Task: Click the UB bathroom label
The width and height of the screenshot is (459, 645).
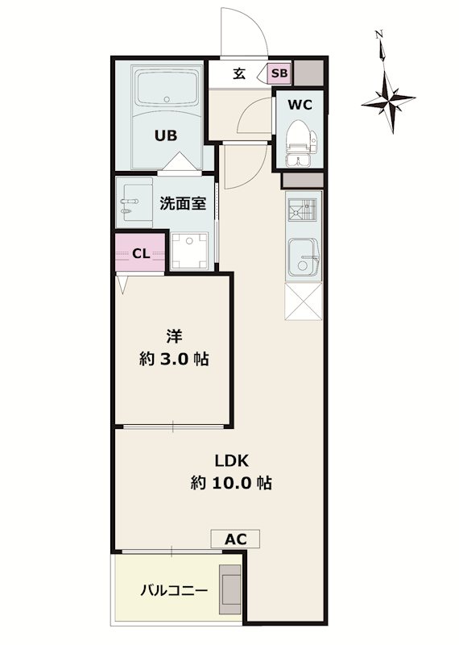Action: coord(166,135)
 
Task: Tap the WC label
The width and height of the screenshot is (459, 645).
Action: coord(300,105)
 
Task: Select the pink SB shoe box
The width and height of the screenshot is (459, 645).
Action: coord(279,73)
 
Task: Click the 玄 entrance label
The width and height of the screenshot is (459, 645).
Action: coord(240,74)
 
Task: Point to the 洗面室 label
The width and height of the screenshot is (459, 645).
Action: coord(183,203)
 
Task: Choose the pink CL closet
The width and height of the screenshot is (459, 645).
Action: coord(141,253)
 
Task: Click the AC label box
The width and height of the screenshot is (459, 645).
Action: coord(235,539)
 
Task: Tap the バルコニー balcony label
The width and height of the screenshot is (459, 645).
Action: coord(174,592)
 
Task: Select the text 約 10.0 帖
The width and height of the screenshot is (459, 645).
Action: coord(231,482)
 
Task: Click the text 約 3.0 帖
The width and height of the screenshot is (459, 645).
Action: coord(174,359)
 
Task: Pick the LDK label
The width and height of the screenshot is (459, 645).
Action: coord(232,460)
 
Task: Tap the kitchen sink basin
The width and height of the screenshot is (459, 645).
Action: coord(304,257)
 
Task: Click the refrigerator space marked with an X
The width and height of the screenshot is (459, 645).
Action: coord(304,301)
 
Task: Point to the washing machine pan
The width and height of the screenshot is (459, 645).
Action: coord(189,251)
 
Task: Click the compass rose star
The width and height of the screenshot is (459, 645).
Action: coord(388,102)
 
